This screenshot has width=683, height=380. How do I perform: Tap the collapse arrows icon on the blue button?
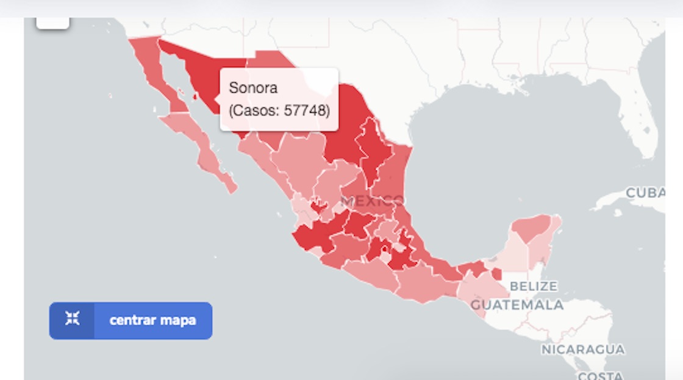73,318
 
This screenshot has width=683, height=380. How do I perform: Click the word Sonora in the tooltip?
253,88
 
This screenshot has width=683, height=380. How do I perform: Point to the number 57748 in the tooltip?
307,111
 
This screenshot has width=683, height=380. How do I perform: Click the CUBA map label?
645,193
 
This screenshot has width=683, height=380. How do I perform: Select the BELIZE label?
533,286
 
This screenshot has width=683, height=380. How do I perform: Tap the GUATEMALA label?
517,305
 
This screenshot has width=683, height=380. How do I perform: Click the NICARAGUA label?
582,350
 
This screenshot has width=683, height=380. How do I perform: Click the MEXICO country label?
372,201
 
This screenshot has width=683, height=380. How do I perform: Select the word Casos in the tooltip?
256,111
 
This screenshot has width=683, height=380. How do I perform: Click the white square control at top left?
53,22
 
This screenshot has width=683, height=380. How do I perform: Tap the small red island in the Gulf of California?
195,96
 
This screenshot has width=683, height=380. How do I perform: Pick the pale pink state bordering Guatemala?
482,287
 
